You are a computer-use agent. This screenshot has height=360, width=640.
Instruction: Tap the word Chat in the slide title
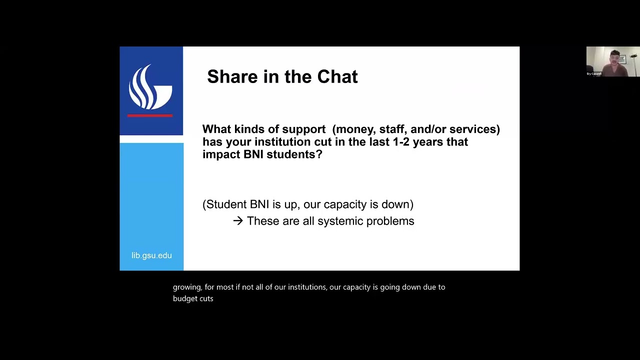[x=337, y=77]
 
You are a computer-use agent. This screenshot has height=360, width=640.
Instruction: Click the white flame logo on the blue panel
[x=150, y=87]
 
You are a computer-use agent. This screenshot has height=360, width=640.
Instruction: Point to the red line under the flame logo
[x=150, y=115]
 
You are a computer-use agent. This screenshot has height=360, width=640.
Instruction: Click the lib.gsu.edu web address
[x=151, y=255]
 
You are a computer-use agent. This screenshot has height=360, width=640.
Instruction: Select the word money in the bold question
[x=356, y=129]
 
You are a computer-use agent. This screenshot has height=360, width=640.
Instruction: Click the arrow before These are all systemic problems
[x=237, y=221]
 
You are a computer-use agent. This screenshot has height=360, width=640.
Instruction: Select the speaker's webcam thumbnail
[x=612, y=61]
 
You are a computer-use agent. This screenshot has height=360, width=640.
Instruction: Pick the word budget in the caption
[x=184, y=298]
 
